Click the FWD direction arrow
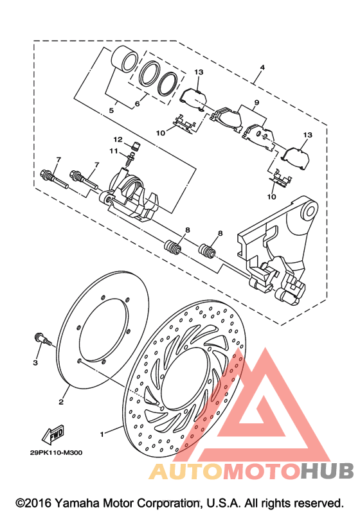[x=53, y=435]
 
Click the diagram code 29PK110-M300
[x=56, y=452]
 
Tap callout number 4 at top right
[x=262, y=67]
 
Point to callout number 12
[x=118, y=139]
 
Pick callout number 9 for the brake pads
[x=256, y=103]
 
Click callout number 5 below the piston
[x=111, y=110]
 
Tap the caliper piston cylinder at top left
[x=125, y=59]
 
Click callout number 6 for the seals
[x=137, y=103]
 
